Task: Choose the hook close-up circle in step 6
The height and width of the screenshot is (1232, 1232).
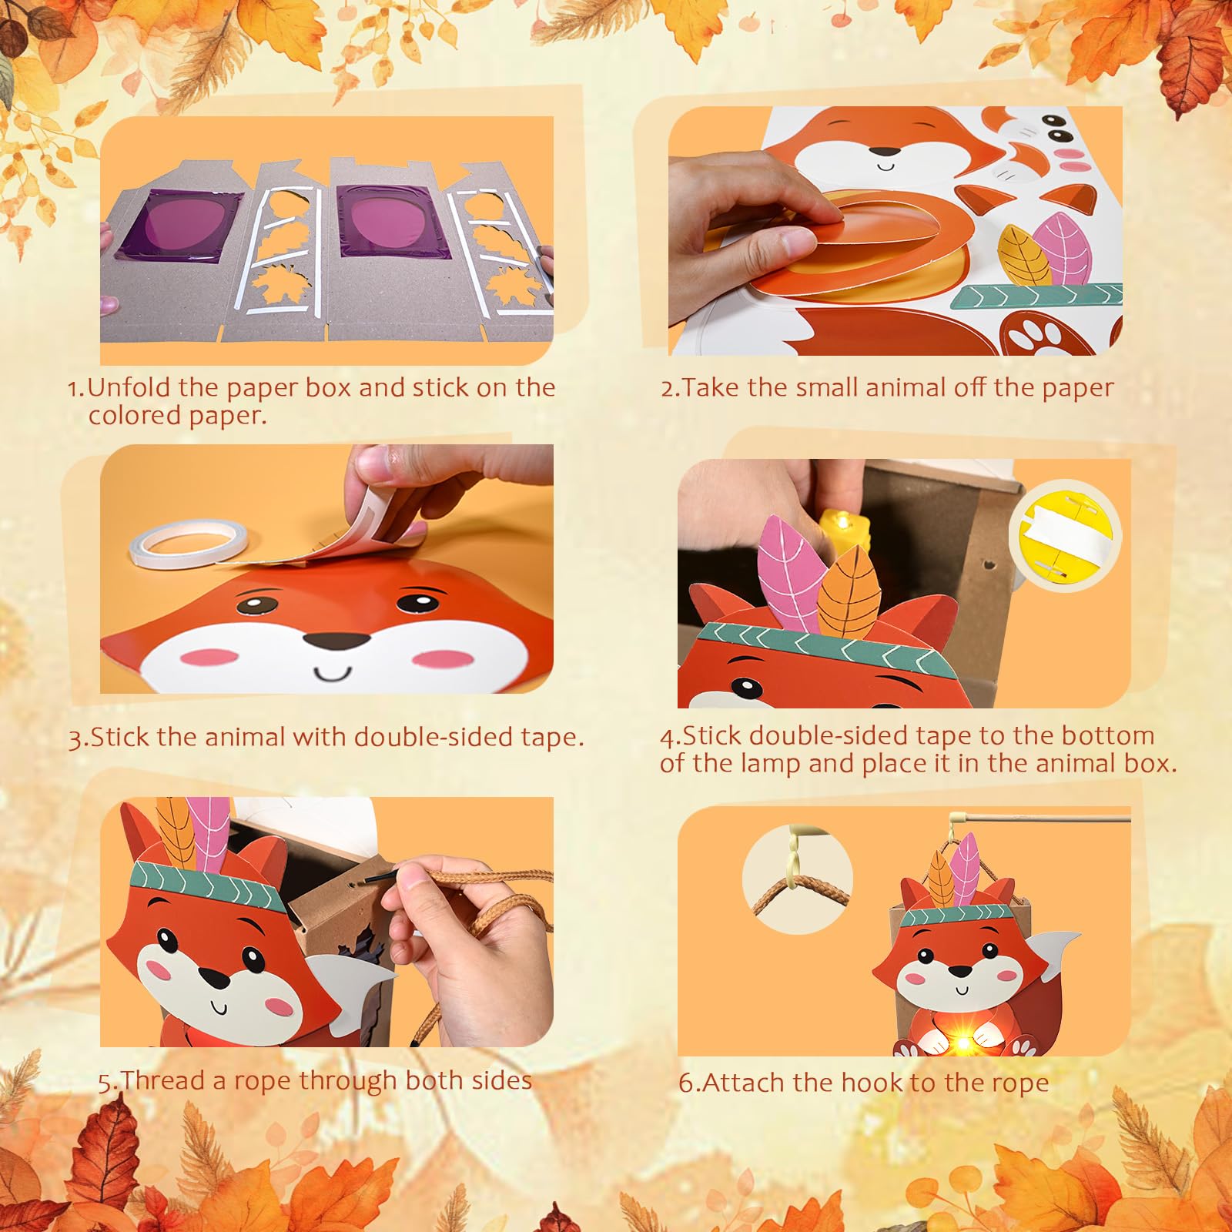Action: click(x=798, y=879)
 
